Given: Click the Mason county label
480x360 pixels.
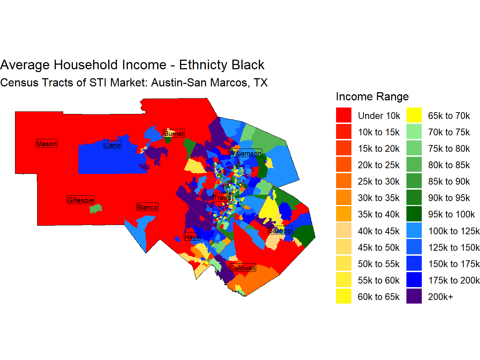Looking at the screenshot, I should click(x=46, y=144).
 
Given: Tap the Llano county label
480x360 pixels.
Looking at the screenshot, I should click(x=112, y=145).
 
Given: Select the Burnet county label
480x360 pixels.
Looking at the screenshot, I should click(x=174, y=134).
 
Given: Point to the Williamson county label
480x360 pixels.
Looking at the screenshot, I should click(x=245, y=153).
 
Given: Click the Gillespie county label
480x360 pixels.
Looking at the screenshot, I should click(x=81, y=200).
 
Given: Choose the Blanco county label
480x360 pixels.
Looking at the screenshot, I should click(x=147, y=207).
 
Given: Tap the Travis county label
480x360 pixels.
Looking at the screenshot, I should click(x=222, y=197).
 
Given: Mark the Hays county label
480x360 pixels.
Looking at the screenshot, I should click(x=192, y=236).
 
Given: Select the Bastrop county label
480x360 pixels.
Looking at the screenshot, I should click(x=280, y=230).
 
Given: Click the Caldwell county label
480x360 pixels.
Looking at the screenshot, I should click(x=242, y=268).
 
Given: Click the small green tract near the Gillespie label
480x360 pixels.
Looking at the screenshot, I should click(x=96, y=209).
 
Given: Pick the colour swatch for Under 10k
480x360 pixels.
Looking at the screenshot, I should click(x=344, y=115).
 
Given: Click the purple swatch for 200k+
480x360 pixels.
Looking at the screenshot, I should click(x=414, y=296).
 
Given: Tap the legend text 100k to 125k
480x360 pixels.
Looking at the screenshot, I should click(x=454, y=231).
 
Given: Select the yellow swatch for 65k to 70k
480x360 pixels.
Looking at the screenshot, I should click(x=414, y=115).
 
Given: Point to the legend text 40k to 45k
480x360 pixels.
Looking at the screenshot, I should click(x=379, y=231).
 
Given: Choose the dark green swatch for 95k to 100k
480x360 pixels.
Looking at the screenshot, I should click(x=414, y=214).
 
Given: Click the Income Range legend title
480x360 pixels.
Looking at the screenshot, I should click(x=372, y=96).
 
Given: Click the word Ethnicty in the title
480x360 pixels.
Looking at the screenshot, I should click(x=203, y=65).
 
